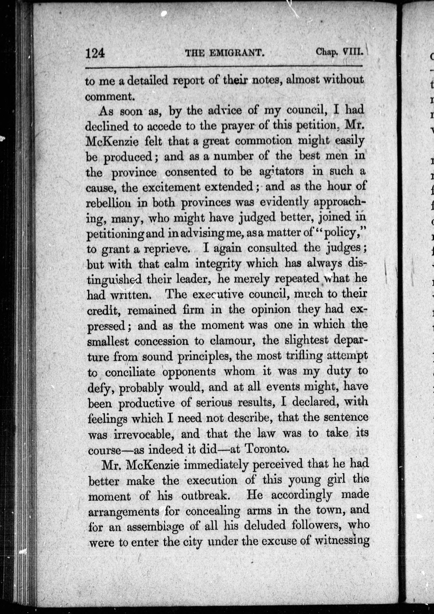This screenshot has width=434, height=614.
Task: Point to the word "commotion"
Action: tap(263, 140)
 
